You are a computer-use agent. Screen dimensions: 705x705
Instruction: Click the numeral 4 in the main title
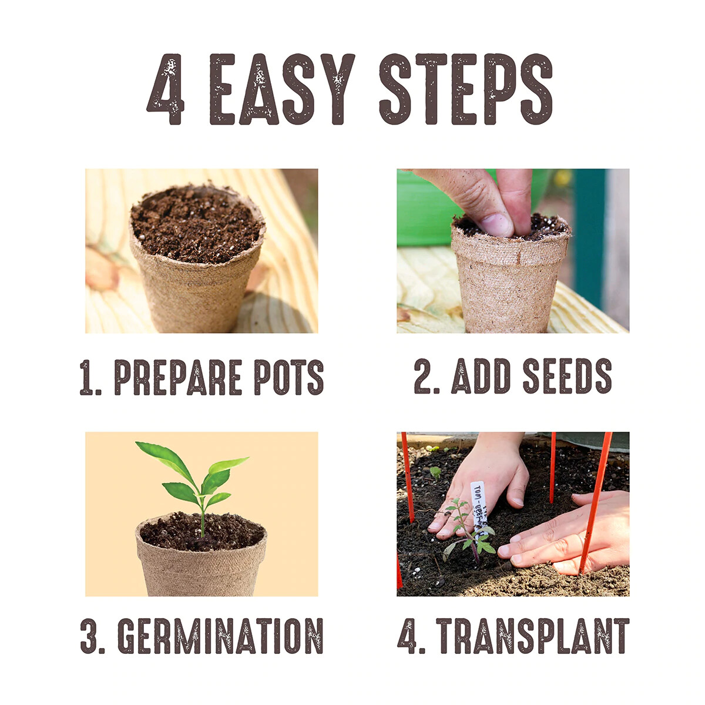[166, 89]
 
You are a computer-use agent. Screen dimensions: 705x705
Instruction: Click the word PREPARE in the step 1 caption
[178, 377]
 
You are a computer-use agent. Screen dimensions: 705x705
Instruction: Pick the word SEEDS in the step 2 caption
[567, 377]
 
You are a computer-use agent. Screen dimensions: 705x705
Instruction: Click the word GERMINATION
[220, 636]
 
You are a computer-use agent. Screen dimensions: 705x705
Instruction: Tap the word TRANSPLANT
[532, 636]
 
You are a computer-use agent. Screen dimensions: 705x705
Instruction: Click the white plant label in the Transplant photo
[479, 502]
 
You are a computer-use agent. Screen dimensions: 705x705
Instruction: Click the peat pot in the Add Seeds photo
[508, 282]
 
